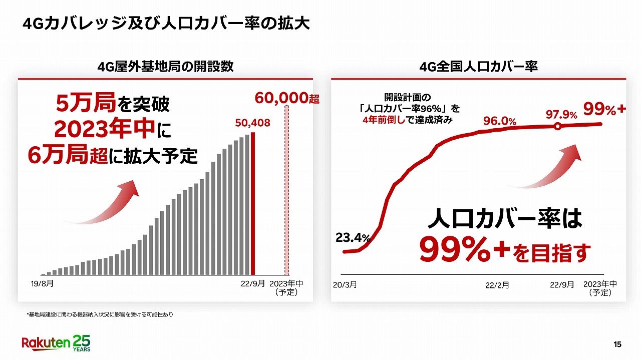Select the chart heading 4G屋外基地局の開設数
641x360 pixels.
tap(165, 67)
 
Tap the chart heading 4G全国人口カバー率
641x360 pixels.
tap(478, 67)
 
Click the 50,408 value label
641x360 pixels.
tap(253, 122)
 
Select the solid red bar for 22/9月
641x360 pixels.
tap(253, 203)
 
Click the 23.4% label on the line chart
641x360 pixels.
tap(353, 238)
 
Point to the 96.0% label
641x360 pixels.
tap(499, 121)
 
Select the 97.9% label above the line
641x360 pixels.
tap(561, 114)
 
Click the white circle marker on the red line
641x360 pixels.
tap(557, 127)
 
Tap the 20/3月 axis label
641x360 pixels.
tap(345, 284)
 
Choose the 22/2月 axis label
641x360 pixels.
tap(497, 285)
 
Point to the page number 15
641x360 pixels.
tap(617, 344)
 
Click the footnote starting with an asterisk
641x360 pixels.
tap(100, 314)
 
